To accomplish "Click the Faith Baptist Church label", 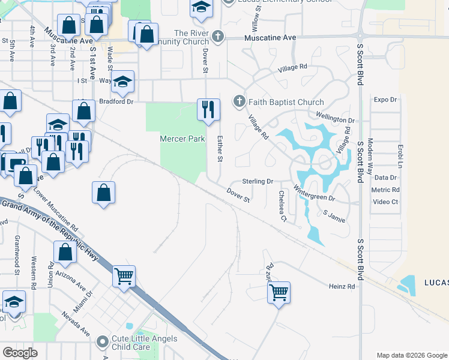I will pos(287,102).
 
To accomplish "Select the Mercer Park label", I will pos(182,139).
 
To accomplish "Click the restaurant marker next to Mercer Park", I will pos(208,110).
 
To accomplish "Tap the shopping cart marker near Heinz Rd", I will pos(279,293).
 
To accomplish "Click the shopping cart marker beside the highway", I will pos(124,277).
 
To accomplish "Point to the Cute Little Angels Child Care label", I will pos(145,343).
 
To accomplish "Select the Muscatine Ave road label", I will pos(271,37).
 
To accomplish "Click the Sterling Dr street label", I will pos(258,181).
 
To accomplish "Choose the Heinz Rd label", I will pos(342,287).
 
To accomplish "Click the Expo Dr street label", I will pos(385,100).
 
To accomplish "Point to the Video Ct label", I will pos(385,202).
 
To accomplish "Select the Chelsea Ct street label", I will pos(283,206).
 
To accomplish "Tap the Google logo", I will pos(20,353).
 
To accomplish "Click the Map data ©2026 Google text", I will pos(412,355).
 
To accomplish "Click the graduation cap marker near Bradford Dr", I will pos(123,83).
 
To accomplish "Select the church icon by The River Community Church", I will pos(217,37).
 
